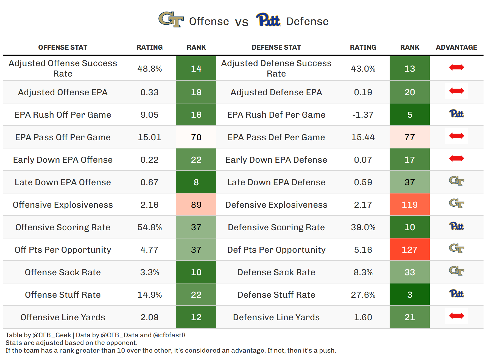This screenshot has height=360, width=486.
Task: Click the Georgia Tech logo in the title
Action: pyautogui.click(x=171, y=19)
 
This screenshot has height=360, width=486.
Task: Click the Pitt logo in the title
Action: pyautogui.click(x=268, y=19)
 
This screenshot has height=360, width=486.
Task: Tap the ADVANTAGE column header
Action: pyautogui.click(x=456, y=47)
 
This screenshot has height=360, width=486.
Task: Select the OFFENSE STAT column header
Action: pyautogui.click(x=63, y=47)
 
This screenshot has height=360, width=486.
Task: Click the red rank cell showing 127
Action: pyautogui.click(x=409, y=250)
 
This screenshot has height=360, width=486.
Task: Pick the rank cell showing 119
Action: pyautogui.click(x=409, y=205)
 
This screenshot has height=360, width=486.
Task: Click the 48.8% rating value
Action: pyautogui.click(x=149, y=69)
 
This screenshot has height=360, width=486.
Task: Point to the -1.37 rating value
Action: pyautogui.click(x=363, y=115)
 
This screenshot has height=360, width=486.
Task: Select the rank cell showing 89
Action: pyautogui.click(x=196, y=205)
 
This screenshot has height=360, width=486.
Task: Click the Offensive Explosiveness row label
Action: pyautogui.click(x=63, y=205)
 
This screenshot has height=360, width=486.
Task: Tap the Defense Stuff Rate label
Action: pyautogui.click(x=276, y=295)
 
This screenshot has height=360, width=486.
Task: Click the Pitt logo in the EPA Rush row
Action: pyautogui.click(x=456, y=114)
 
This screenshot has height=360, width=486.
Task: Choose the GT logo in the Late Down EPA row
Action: pyautogui.click(x=456, y=181)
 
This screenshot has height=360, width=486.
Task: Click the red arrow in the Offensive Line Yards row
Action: pyautogui.click(x=456, y=316)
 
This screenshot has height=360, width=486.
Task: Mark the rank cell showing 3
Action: pyautogui.click(x=409, y=295)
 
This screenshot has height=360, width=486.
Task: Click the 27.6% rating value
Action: pyautogui.click(x=363, y=295)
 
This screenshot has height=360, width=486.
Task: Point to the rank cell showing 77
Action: pyautogui.click(x=409, y=137)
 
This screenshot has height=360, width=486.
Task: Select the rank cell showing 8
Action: pyautogui.click(x=196, y=182)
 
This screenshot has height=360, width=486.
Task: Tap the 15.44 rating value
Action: pyautogui.click(x=363, y=137)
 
